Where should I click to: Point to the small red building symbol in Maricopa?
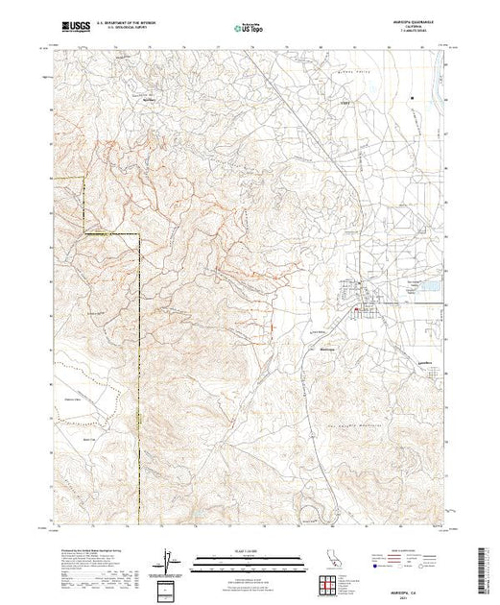click(358, 309)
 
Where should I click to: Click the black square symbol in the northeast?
click(412, 98)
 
